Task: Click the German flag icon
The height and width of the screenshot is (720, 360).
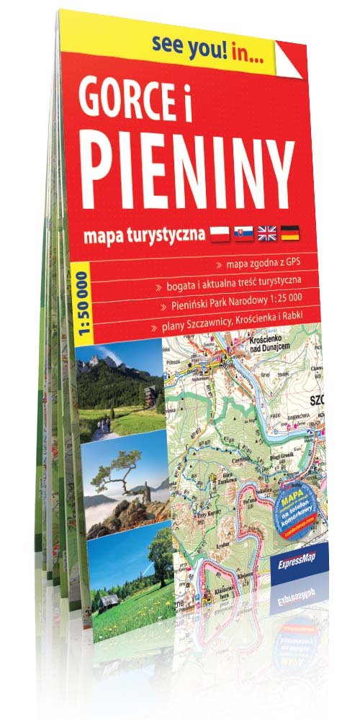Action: [x=290, y=231]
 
